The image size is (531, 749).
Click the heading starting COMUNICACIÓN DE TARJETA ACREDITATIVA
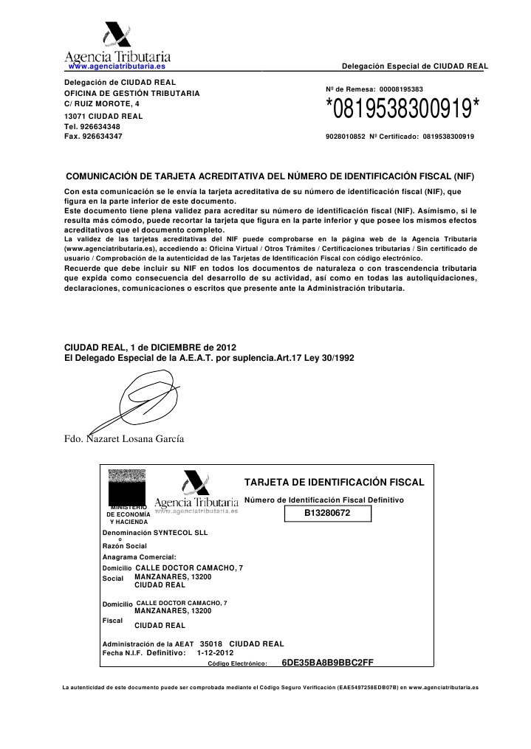(x=270, y=178)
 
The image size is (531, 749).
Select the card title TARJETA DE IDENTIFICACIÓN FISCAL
(x=334, y=483)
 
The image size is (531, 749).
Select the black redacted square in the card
(x=129, y=488)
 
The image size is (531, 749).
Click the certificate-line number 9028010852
(x=346, y=137)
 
